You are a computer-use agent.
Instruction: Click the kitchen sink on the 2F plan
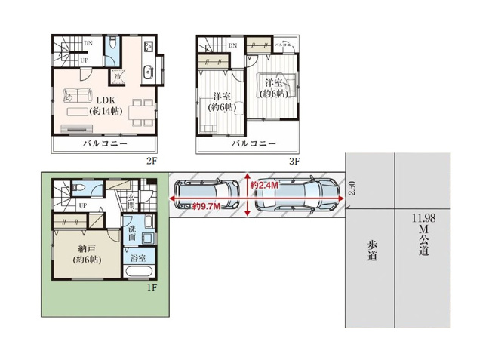point(147,75)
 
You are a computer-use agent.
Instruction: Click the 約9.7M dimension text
point(206,206)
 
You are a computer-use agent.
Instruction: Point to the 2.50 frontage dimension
point(352,188)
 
